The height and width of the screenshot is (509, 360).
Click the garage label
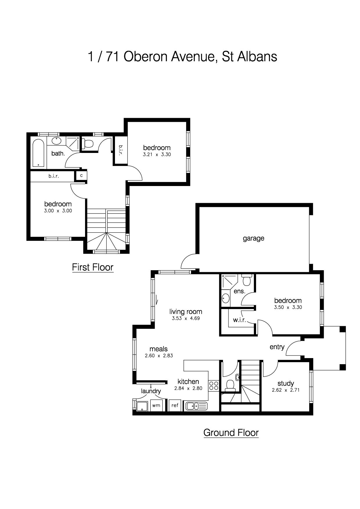pyautogui.click(x=253, y=239)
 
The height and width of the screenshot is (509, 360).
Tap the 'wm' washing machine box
pyautogui.click(x=156, y=405)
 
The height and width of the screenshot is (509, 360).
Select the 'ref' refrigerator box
pyautogui.click(x=175, y=405)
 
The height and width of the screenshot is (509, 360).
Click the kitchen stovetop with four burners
pyautogui.click(x=214, y=385)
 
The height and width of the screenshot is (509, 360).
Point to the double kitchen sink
pyautogui.click(x=197, y=406)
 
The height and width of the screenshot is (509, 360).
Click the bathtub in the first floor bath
pyautogui.click(x=38, y=153)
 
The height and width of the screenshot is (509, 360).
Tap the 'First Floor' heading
pyautogui.click(x=93, y=267)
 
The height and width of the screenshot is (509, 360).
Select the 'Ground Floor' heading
pyautogui.click(x=231, y=433)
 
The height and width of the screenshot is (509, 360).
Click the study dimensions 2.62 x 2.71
pyautogui.click(x=286, y=390)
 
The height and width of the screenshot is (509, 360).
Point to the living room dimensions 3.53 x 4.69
pyautogui.click(x=186, y=318)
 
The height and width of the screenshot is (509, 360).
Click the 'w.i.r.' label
pyautogui.click(x=240, y=320)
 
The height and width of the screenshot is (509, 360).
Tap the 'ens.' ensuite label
pyautogui.click(x=240, y=291)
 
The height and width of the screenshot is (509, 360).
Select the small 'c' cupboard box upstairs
pyautogui.click(x=81, y=176)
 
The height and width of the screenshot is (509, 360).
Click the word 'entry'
pyautogui.click(x=277, y=347)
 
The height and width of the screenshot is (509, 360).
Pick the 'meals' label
pyautogui.click(x=159, y=349)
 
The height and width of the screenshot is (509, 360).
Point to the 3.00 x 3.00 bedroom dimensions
pyautogui.click(x=58, y=211)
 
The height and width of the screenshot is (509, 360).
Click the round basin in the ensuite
pyautogui.click(x=226, y=298)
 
